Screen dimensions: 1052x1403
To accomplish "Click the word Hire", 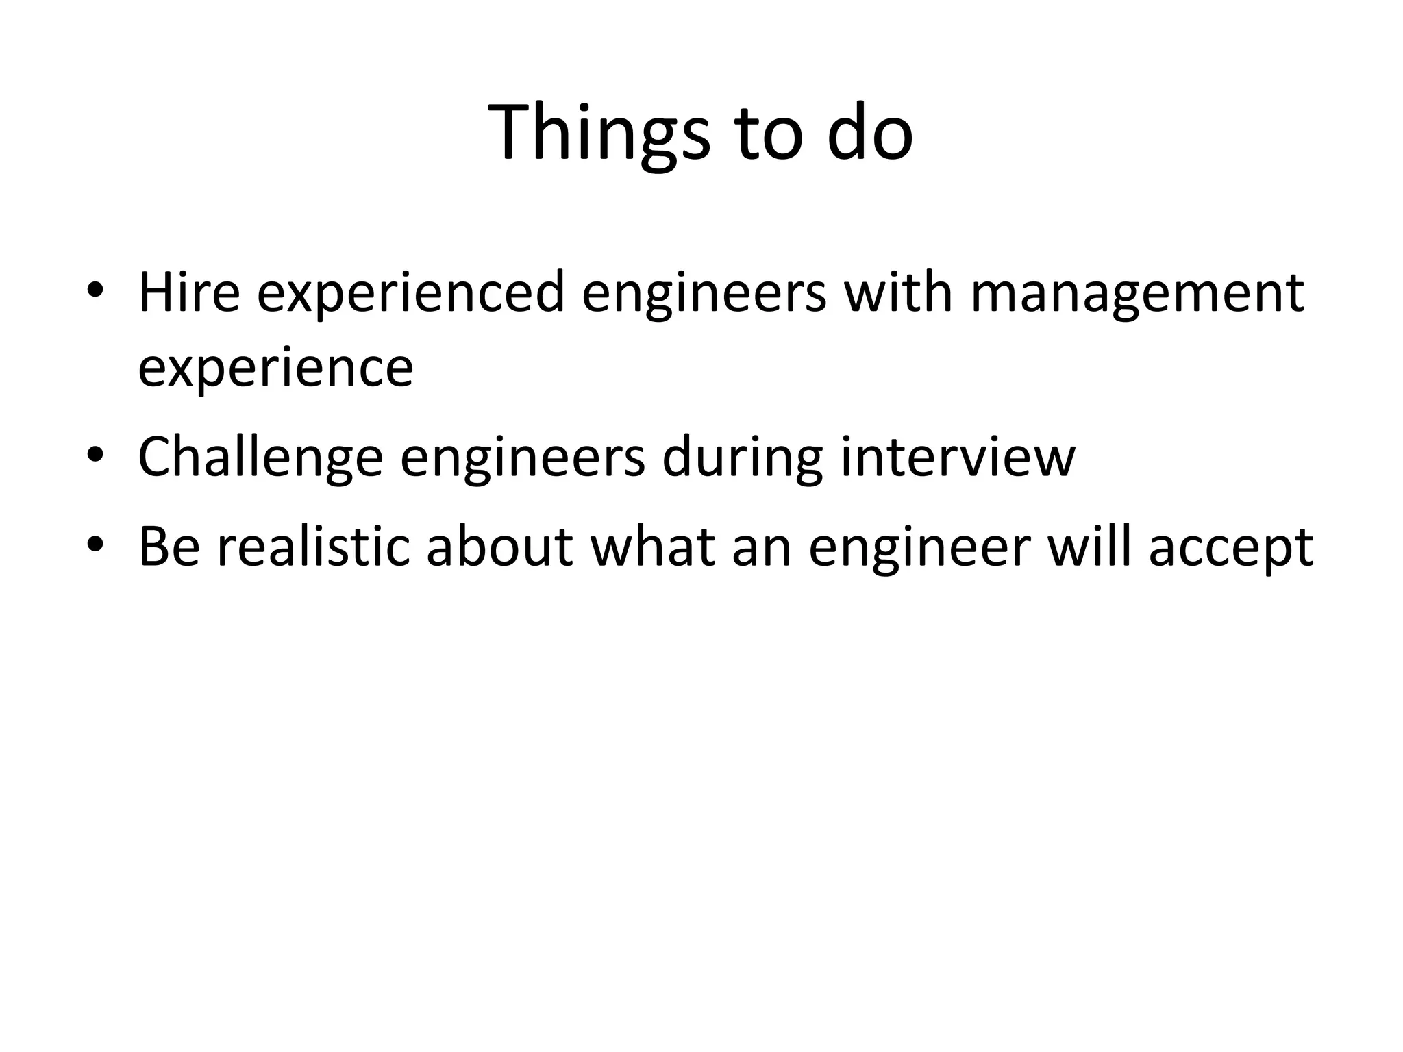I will click(189, 293).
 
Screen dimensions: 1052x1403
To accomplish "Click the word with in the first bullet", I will click(898, 293).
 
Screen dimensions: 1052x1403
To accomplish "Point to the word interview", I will click(958, 458).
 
